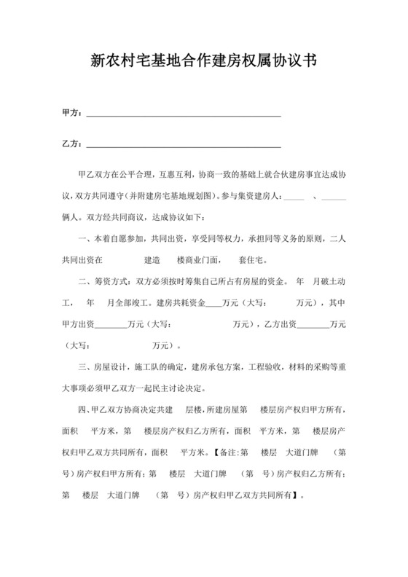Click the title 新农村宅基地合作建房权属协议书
pyautogui.click(x=203, y=63)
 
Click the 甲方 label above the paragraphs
pyautogui.click(x=71, y=114)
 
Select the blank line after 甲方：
pyautogui.click(x=184, y=114)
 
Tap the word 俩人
pyautogui.click(x=71, y=217)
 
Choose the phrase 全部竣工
pyautogui.click(x=136, y=302)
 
